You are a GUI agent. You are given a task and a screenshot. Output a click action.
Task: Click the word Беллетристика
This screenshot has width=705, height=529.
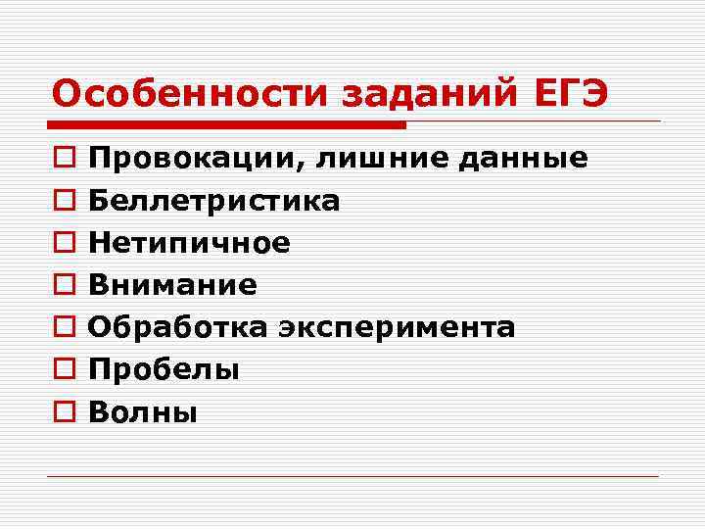(x=214, y=202)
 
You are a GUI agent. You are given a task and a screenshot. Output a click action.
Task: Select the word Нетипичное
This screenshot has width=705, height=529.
(x=189, y=243)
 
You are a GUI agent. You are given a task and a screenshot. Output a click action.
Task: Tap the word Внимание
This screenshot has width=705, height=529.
(x=172, y=285)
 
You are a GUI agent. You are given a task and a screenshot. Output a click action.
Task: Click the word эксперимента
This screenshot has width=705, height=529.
(x=396, y=328)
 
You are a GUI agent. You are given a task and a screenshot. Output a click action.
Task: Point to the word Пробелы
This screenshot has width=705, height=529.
(x=164, y=370)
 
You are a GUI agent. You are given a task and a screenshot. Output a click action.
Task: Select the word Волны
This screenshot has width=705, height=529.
(x=143, y=412)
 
